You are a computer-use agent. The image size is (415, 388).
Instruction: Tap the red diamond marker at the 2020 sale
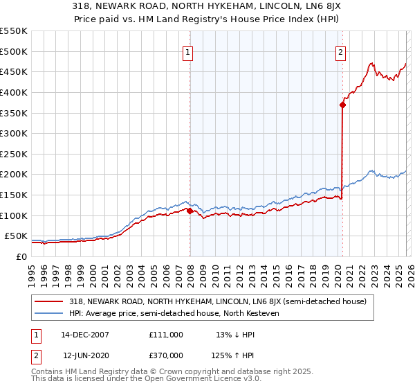pyautogui.click(x=342, y=105)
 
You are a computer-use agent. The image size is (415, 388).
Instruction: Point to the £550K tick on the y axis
pyautogui.click(x=14, y=31)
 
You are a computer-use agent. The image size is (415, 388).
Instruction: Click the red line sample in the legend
pyautogui.click(x=48, y=301)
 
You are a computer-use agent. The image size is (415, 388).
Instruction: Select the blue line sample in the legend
pyautogui.click(x=48, y=314)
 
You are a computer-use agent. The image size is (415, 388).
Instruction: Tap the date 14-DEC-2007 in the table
pyautogui.click(x=85, y=335)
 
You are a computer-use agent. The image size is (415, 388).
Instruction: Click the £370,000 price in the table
pyautogui.click(x=166, y=355)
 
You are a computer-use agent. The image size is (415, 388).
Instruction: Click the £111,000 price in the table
pyautogui.click(x=166, y=335)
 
